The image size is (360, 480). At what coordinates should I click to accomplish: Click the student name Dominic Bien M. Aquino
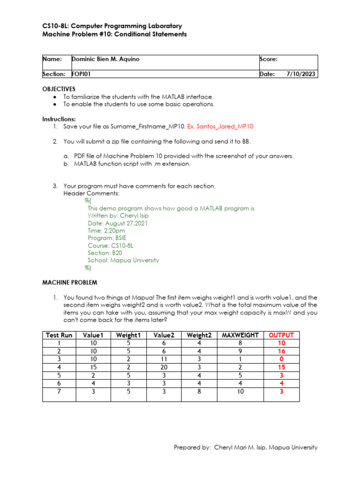[x=105, y=59]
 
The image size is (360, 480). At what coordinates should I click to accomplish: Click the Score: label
[x=269, y=59]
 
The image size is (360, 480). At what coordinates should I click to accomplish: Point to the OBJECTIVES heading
[x=59, y=89]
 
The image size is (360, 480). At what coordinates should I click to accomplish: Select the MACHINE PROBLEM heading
[x=70, y=283]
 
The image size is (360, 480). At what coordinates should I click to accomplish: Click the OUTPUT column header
[x=281, y=335]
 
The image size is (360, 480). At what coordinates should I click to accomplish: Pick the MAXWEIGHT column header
[x=240, y=335]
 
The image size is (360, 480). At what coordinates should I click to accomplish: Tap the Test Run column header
[x=59, y=335]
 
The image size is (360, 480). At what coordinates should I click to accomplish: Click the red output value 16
[x=281, y=351]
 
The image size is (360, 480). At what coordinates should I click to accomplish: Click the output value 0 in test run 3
[x=281, y=360]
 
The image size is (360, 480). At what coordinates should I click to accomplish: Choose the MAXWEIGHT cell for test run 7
[x=240, y=391]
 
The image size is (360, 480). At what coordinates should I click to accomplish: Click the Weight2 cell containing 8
[x=199, y=391]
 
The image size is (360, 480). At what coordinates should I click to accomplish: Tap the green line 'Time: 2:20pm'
[x=106, y=231]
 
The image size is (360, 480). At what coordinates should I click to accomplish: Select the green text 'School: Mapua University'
[x=123, y=260]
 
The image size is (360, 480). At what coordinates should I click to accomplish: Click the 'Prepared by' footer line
[x=245, y=447]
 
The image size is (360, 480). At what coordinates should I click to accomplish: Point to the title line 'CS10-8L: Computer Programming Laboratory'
[x=112, y=26]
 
